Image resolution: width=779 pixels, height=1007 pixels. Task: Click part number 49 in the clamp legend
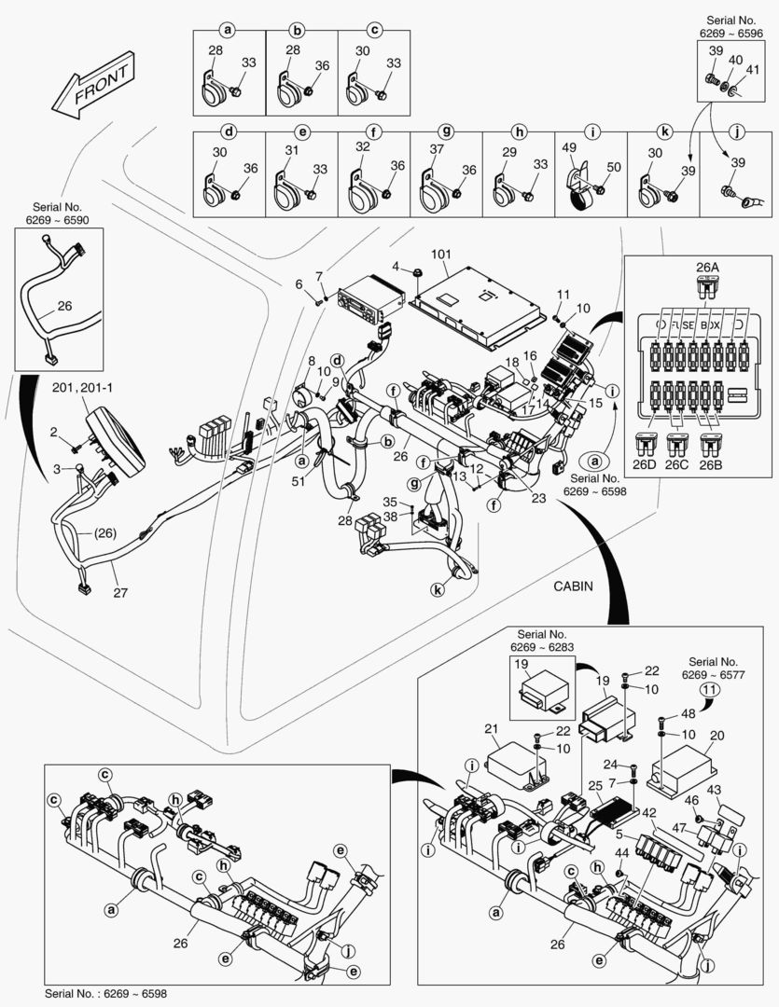coord(568,147)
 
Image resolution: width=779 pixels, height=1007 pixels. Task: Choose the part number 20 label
coord(716,735)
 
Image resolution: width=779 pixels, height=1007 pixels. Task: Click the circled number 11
coord(710,691)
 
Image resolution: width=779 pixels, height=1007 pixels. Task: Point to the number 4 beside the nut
coord(396,268)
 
